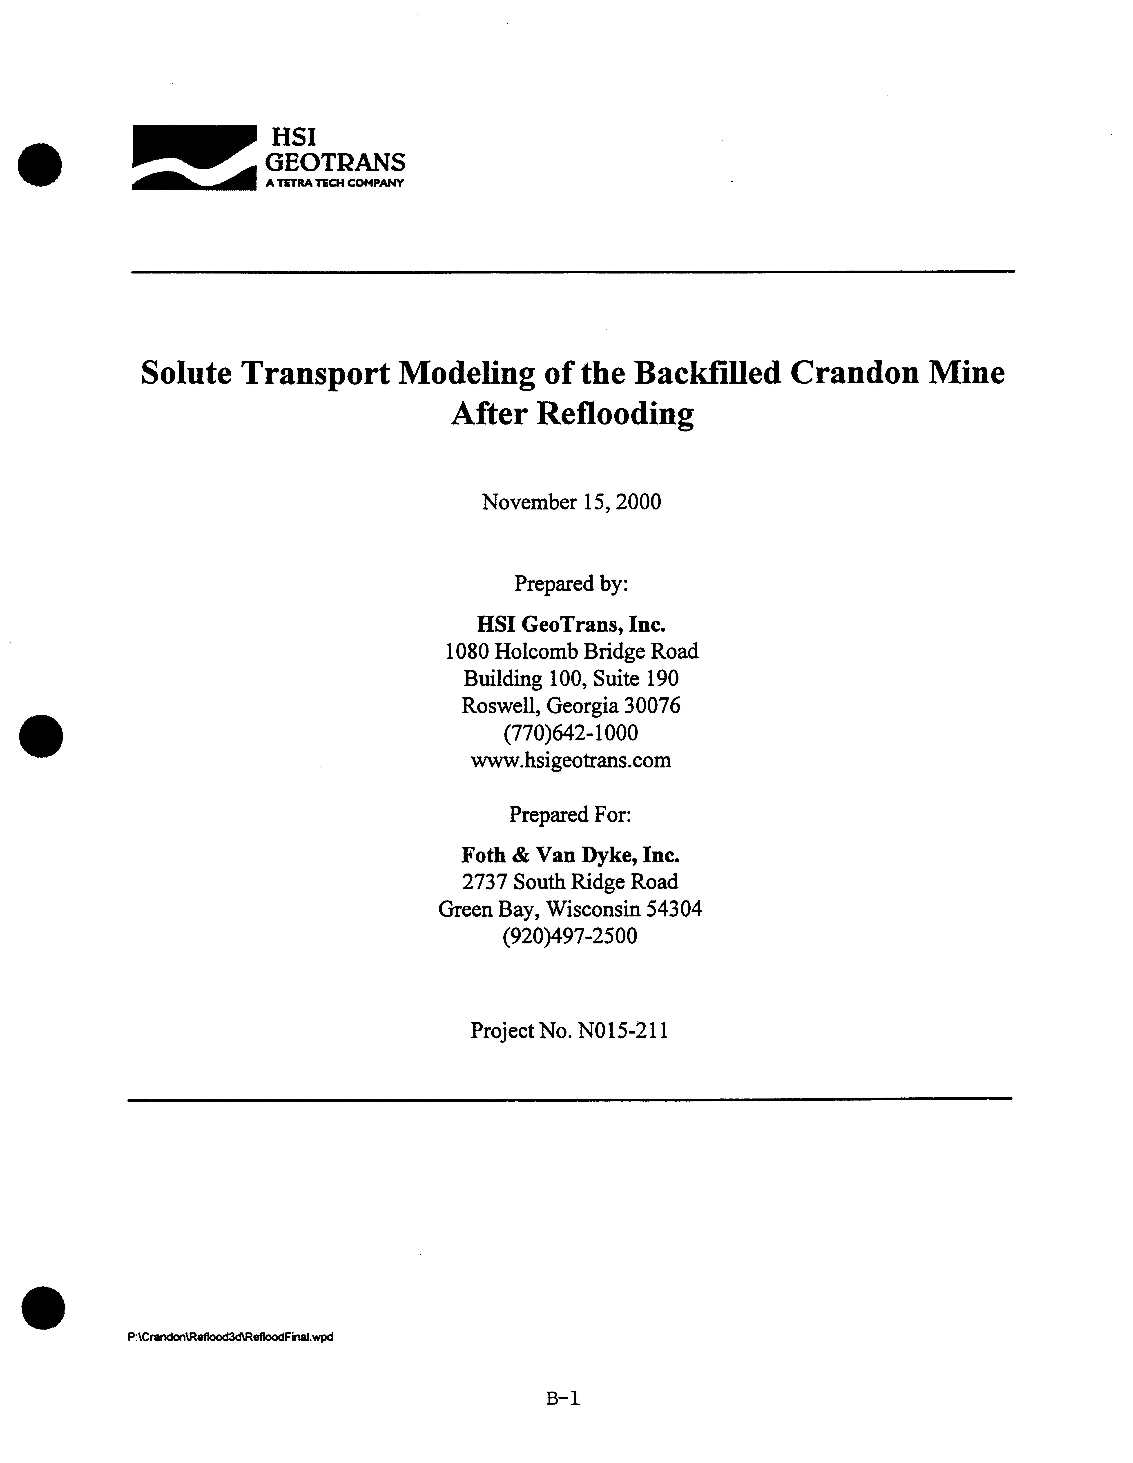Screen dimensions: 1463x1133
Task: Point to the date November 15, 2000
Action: [x=571, y=502]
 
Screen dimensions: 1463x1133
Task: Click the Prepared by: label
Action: [x=571, y=583]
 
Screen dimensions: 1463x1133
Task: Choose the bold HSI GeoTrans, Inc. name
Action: [x=571, y=624]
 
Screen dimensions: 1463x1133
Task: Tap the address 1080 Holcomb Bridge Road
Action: [x=571, y=651]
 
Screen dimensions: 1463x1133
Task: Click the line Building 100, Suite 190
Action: [x=571, y=679]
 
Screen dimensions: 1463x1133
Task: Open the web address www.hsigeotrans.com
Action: [x=571, y=760]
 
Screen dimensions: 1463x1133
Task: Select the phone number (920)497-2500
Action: [x=569, y=936]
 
